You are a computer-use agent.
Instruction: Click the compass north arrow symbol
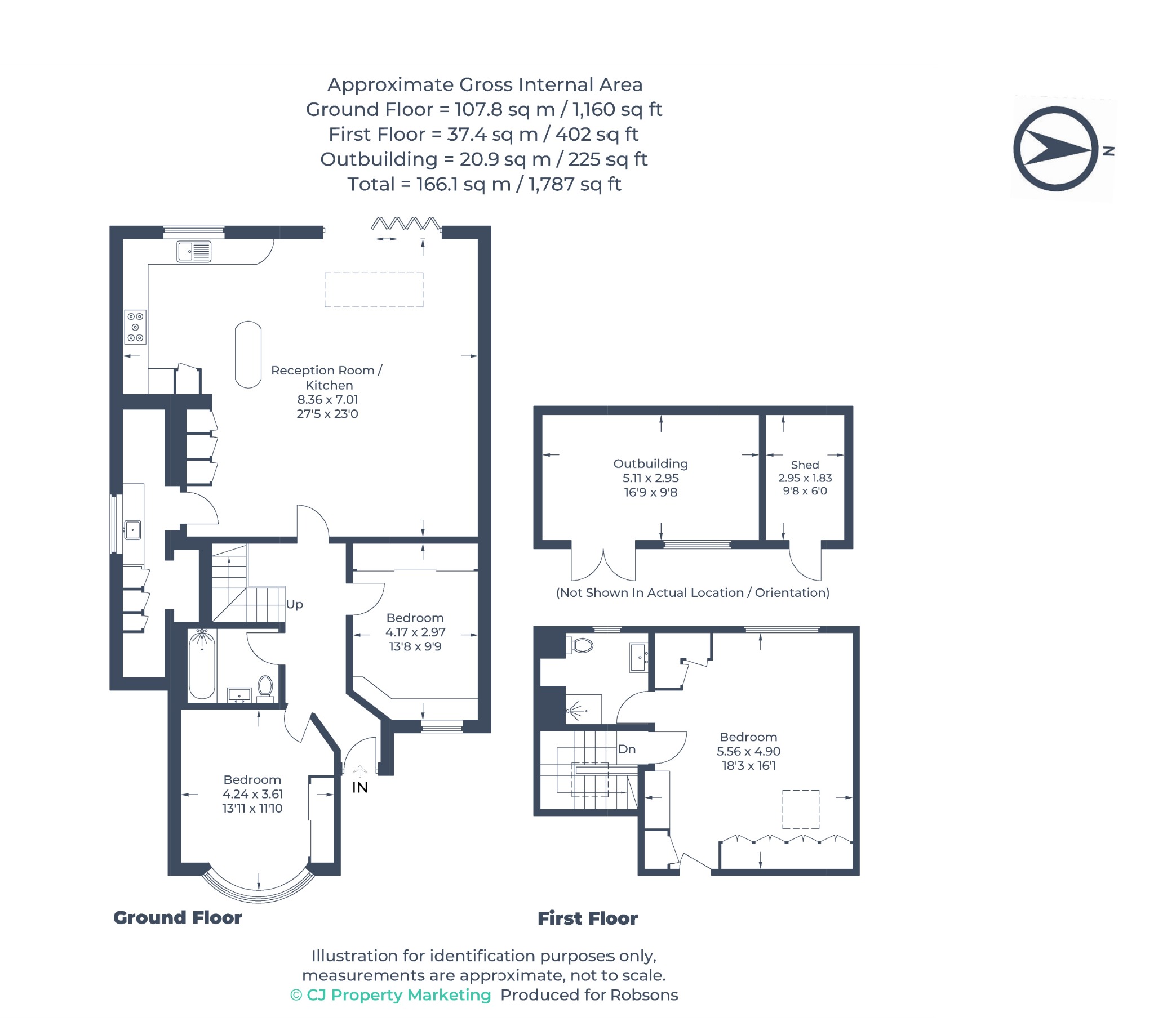pyautogui.click(x=1056, y=149)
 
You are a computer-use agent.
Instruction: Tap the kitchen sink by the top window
pyautogui.click(x=194, y=252)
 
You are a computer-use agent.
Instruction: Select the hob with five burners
pyautogui.click(x=135, y=327)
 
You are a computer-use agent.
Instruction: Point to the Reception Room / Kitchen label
pyautogui.click(x=327, y=377)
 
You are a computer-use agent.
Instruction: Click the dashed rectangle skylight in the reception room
pyautogui.click(x=374, y=290)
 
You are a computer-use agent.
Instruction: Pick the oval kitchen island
pyautogui.click(x=248, y=354)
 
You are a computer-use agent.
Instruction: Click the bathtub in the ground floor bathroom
pyautogui.click(x=202, y=665)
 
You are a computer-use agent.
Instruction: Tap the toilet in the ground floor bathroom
pyautogui.click(x=265, y=689)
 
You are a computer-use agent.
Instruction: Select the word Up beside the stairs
pyautogui.click(x=294, y=605)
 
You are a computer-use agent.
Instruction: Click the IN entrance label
pyautogui.click(x=360, y=788)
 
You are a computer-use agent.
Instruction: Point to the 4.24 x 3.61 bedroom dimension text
pyautogui.click(x=253, y=794)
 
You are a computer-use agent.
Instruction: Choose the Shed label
pyautogui.click(x=805, y=465)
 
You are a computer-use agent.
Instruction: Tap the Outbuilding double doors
pyautogui.click(x=603, y=565)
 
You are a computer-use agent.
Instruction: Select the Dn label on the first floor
pyautogui.click(x=627, y=749)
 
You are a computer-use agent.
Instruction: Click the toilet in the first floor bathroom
pyautogui.click(x=581, y=645)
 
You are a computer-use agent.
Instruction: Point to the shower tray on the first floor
pyautogui.click(x=583, y=710)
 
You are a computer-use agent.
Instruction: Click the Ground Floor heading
pyautogui.click(x=178, y=918)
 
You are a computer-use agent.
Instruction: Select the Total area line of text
pyautogui.click(x=485, y=184)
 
